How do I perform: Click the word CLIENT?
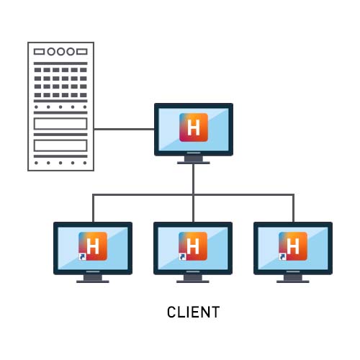click(x=193, y=312)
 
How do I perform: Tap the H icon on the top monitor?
click(x=194, y=127)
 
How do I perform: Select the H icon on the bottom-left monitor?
click(x=93, y=246)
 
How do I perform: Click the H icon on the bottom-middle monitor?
click(x=193, y=246)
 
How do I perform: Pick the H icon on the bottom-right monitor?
click(x=293, y=246)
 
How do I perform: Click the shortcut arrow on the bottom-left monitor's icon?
click(x=82, y=257)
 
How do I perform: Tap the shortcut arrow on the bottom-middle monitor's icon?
click(x=182, y=257)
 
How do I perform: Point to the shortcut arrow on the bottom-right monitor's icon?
click(x=282, y=257)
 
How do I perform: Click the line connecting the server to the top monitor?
click(x=124, y=129)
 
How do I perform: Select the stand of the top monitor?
click(x=194, y=160)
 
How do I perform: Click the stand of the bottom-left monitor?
click(x=93, y=279)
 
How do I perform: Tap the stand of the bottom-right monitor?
click(x=293, y=279)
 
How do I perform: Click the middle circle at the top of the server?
click(x=60, y=52)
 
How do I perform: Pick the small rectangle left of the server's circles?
click(x=39, y=52)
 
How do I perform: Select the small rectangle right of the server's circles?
click(x=82, y=52)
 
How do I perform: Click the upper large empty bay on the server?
click(x=60, y=124)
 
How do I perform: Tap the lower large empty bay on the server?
click(x=60, y=145)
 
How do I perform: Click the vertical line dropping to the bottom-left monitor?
click(x=93, y=208)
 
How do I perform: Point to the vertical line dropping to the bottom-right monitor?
click(x=293, y=208)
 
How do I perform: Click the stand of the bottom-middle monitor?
click(x=193, y=279)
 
